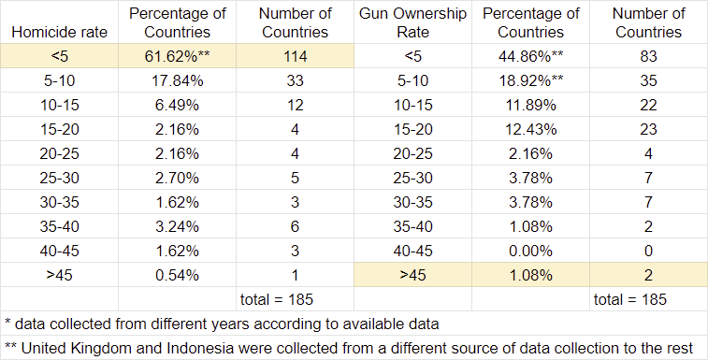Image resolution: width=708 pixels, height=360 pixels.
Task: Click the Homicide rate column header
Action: click(59, 32)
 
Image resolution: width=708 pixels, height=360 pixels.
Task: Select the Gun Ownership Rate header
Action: click(412, 22)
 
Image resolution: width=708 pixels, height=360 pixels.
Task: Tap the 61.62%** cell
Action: click(177, 56)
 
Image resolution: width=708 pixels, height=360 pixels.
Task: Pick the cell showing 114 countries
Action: click(295, 56)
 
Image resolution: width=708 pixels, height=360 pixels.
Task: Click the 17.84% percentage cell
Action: click(177, 80)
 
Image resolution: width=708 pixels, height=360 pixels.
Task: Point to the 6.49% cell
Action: click(177, 105)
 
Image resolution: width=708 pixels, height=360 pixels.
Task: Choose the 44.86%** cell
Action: click(530, 56)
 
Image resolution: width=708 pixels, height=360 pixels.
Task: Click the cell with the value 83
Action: click(648, 56)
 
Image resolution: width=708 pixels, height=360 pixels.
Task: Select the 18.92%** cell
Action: click(530, 80)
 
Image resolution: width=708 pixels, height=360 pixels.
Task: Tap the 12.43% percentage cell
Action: click(530, 129)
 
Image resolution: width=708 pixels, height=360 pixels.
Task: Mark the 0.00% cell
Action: click(530, 251)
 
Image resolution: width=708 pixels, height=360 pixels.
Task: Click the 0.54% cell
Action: click(177, 275)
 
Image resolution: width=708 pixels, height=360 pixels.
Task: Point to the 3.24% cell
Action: click(177, 226)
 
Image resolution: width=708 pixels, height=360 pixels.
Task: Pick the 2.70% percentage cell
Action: click(177, 178)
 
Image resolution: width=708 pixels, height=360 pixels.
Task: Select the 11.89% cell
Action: click(530, 105)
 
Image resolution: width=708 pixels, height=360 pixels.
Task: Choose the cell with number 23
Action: click(648, 129)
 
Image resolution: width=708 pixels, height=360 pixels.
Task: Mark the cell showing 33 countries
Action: click(295, 80)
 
